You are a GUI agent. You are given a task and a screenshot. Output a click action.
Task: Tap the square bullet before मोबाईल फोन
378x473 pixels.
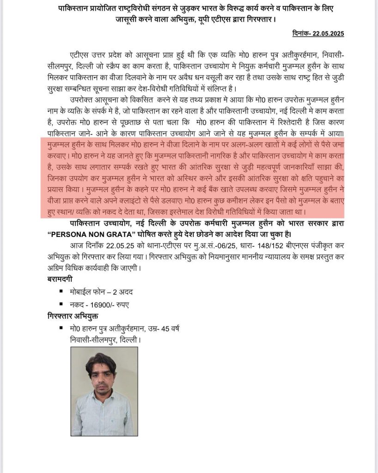pyautogui.click(x=61, y=291)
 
